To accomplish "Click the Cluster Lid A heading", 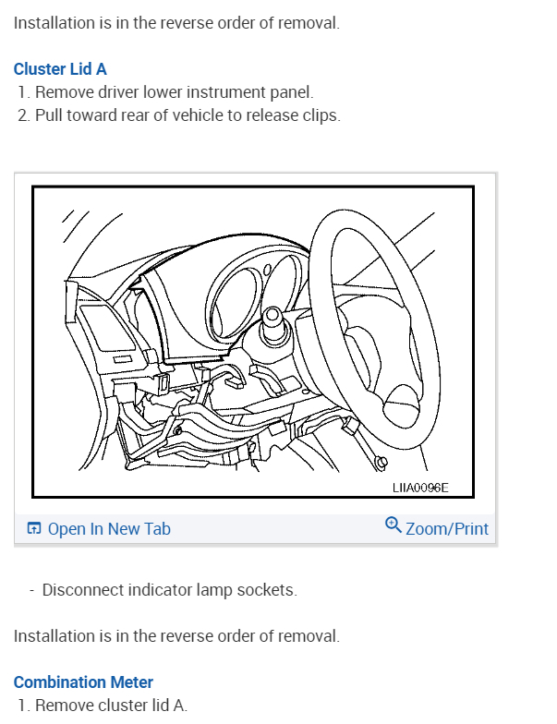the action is click(60, 69).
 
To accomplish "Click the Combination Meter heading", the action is click(83, 682).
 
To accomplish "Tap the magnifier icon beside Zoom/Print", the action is click(394, 525).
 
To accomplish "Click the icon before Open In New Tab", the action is click(34, 528).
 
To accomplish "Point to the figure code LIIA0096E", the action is click(420, 488).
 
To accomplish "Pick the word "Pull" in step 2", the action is click(49, 115).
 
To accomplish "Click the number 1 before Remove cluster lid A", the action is click(22, 706).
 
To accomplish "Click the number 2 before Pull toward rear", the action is click(22, 115).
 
